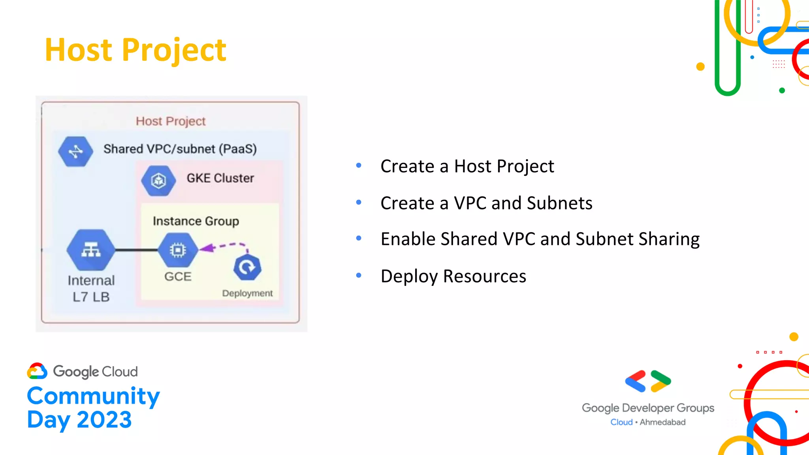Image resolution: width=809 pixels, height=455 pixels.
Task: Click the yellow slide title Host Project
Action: coord(135,50)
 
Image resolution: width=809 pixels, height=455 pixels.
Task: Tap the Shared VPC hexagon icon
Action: coord(75,151)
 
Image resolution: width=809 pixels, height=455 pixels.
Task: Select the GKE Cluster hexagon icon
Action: coord(158,180)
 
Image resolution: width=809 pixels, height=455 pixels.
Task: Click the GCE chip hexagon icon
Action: coord(178,250)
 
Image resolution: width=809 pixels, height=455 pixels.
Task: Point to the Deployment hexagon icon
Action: coord(247,267)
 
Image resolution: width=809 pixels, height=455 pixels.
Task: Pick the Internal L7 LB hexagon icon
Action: coord(91,250)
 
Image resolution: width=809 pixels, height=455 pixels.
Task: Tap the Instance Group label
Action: coord(196,221)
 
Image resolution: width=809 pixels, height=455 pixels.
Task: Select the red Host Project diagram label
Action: coord(171,121)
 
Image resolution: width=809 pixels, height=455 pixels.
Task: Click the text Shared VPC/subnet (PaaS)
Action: coord(180,149)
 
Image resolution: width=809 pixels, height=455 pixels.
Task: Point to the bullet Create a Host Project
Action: coord(467,166)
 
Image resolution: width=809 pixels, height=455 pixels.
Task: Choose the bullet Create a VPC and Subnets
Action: coord(486,203)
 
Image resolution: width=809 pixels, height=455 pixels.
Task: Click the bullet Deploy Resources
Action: coord(453,276)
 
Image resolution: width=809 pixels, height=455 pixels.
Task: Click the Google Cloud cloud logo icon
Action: coord(37,371)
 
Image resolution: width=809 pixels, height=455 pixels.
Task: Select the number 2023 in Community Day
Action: coord(104,420)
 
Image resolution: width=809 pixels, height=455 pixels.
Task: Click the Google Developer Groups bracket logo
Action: coord(648,381)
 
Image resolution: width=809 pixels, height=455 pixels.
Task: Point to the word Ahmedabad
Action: coord(662,422)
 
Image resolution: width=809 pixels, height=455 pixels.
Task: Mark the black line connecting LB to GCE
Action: coord(137,250)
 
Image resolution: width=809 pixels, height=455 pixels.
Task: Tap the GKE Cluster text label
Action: coord(220,178)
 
